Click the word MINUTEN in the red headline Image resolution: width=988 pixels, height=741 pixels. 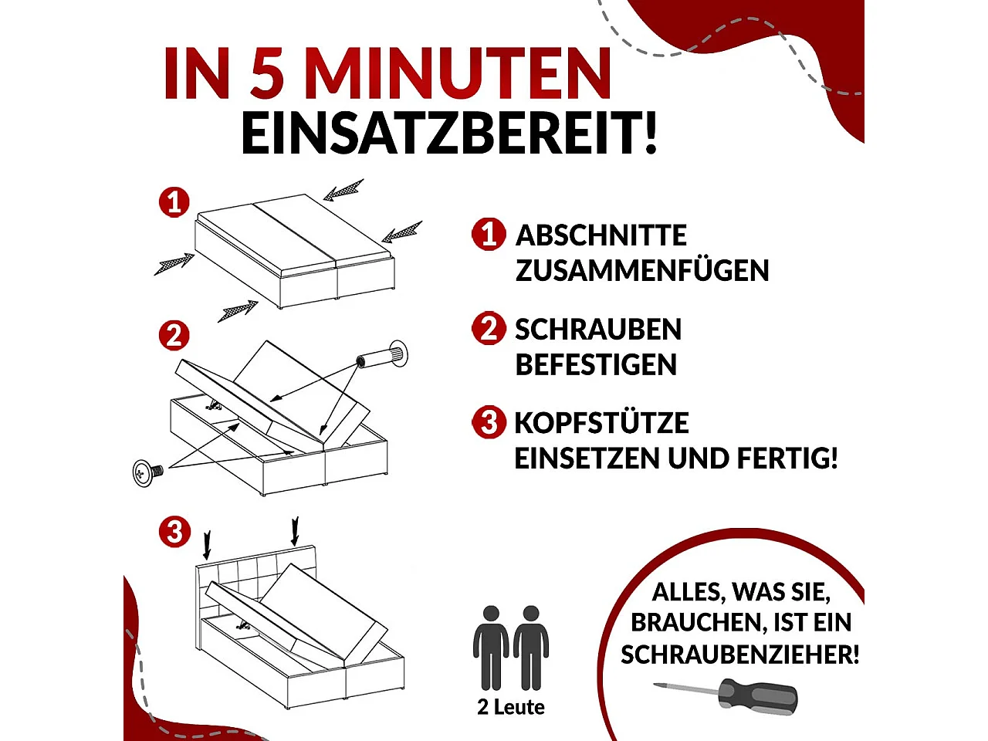[458, 73]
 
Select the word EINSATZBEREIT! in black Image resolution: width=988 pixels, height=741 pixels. [450, 134]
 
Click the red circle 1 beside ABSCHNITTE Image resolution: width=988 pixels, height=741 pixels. [489, 234]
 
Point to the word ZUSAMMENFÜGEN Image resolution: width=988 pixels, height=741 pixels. [642, 271]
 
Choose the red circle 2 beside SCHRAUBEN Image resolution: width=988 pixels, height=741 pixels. [489, 329]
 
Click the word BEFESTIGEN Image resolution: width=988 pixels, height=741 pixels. [596, 365]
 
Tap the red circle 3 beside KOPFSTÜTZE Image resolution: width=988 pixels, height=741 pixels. [489, 422]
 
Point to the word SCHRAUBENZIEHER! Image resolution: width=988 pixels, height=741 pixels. [739, 655]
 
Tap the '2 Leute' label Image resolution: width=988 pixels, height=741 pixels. [511, 707]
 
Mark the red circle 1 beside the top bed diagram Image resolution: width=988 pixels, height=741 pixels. [174, 202]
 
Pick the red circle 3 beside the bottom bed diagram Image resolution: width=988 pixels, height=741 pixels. [174, 532]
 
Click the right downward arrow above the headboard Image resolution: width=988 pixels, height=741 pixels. [294, 532]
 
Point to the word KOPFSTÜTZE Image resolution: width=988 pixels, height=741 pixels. [601, 423]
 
